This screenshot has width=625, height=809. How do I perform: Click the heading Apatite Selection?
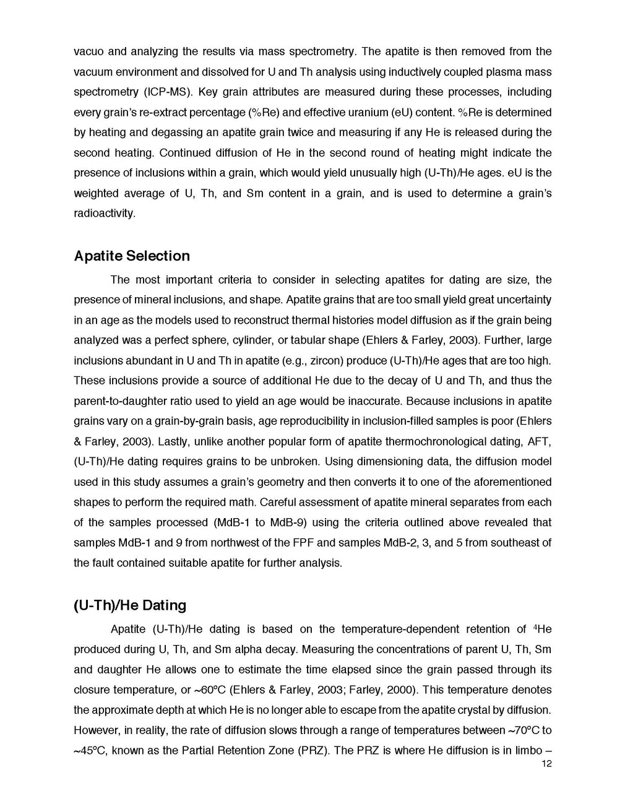point(132,256)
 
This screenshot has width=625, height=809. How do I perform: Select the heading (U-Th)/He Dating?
point(130,605)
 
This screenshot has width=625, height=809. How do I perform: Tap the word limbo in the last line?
point(525,751)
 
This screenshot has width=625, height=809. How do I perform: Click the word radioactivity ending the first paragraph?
point(103,214)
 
